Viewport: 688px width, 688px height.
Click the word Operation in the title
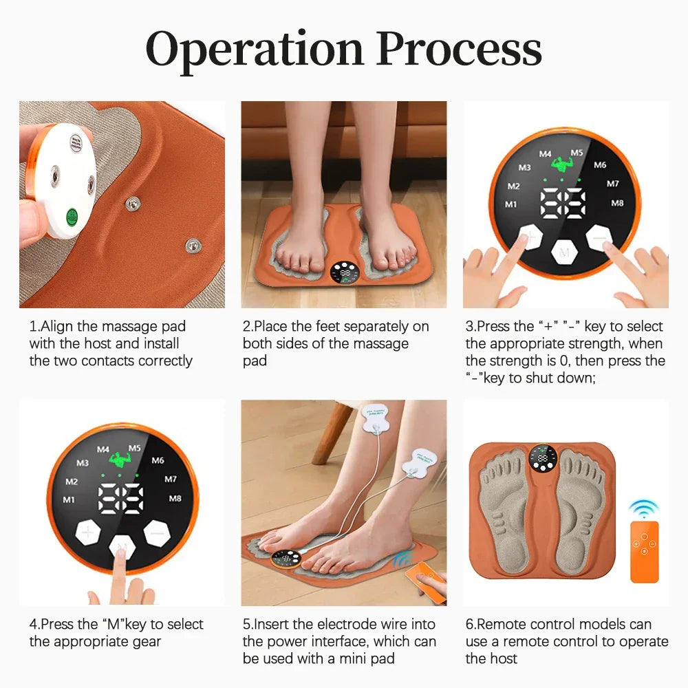tap(254, 50)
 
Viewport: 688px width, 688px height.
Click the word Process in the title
tap(459, 50)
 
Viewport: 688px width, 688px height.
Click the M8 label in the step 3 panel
tap(617, 203)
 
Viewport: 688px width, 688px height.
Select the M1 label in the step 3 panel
tap(511, 204)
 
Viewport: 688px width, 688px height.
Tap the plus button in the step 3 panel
tap(530, 239)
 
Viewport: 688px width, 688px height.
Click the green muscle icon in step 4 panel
tap(120, 458)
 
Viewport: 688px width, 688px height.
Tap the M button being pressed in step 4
tap(122, 547)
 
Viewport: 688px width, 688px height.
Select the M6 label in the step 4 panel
tap(158, 460)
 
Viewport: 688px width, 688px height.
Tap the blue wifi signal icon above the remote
tap(643, 508)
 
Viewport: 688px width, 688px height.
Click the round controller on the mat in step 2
tap(344, 273)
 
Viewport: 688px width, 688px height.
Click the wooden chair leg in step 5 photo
tap(328, 433)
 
